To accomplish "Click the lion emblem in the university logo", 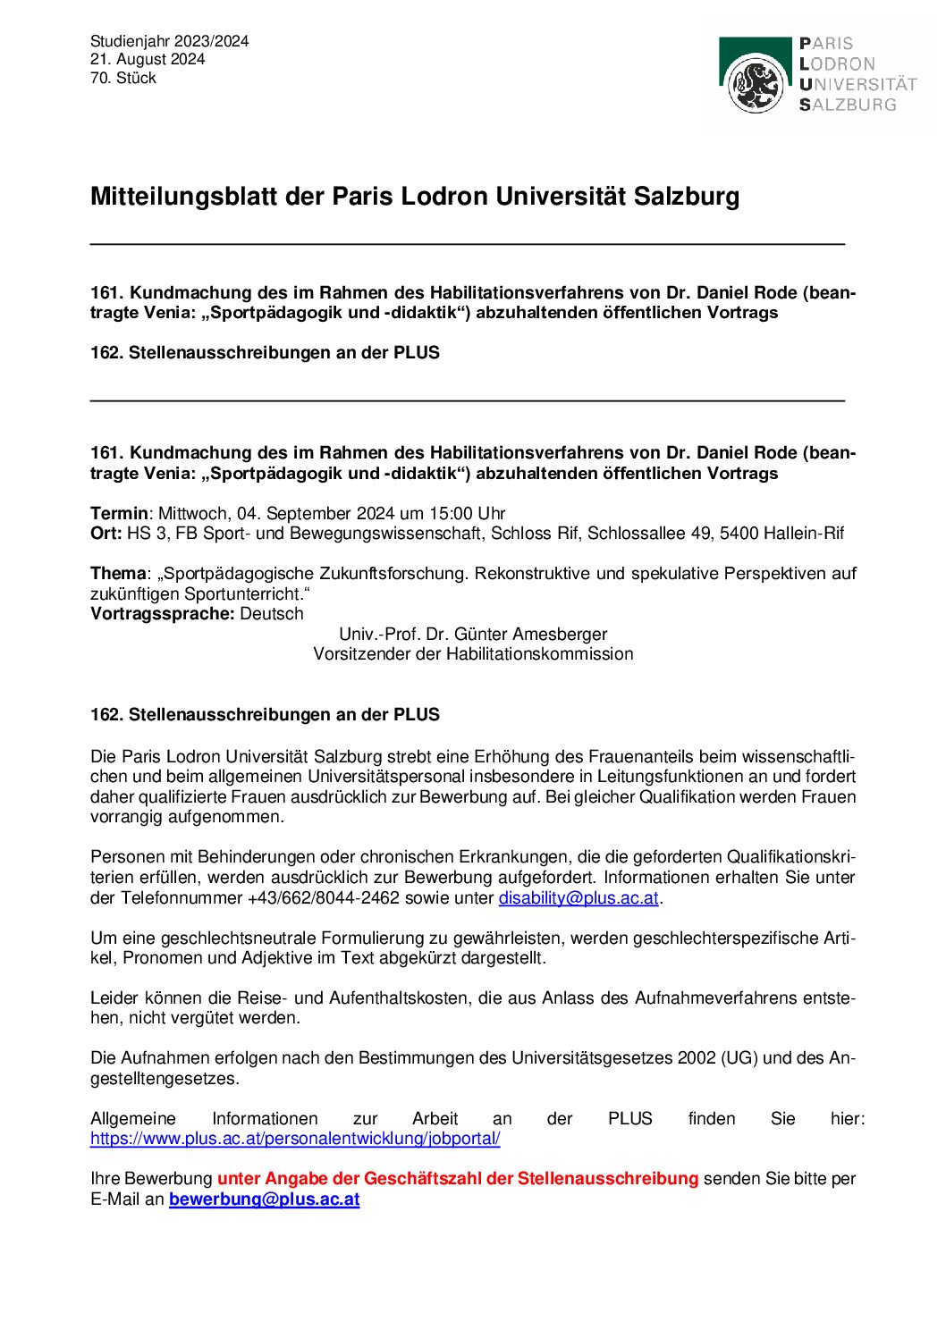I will pos(756,84).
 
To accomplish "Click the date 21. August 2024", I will pos(148,59).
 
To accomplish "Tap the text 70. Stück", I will pos(123,78).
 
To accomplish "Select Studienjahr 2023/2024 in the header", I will pos(170,41).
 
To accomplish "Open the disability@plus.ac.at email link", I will pos(579,898).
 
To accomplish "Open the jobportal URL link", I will pos(295,1139).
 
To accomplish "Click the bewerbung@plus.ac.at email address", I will pos(264,1199).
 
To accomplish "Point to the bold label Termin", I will pos(119,514).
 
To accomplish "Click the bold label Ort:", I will pos(106,534).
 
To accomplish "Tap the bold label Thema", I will pos(117,574).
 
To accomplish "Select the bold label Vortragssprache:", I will pos(163,614).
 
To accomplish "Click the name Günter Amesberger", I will pos(530,635).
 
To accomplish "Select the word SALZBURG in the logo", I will pos(848,105).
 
